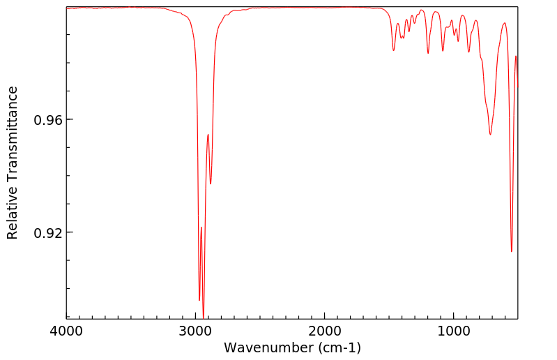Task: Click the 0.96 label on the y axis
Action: (49, 120)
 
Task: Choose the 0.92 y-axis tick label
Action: (49, 232)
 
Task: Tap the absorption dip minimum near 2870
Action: (211, 184)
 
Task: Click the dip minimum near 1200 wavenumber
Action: (428, 53)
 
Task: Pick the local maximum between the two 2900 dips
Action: (208, 134)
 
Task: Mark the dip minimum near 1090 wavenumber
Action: (443, 50)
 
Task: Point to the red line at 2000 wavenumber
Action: (325, 8)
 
